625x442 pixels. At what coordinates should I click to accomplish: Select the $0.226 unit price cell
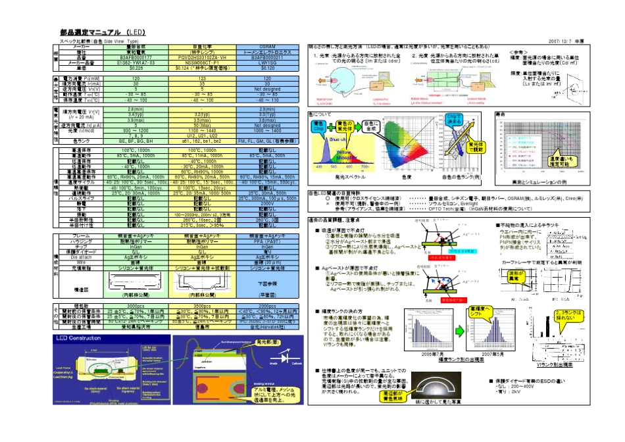tap(136, 68)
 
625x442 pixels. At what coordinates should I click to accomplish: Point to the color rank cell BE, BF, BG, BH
tap(136, 141)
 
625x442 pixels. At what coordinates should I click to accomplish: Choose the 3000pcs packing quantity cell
tap(136, 307)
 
